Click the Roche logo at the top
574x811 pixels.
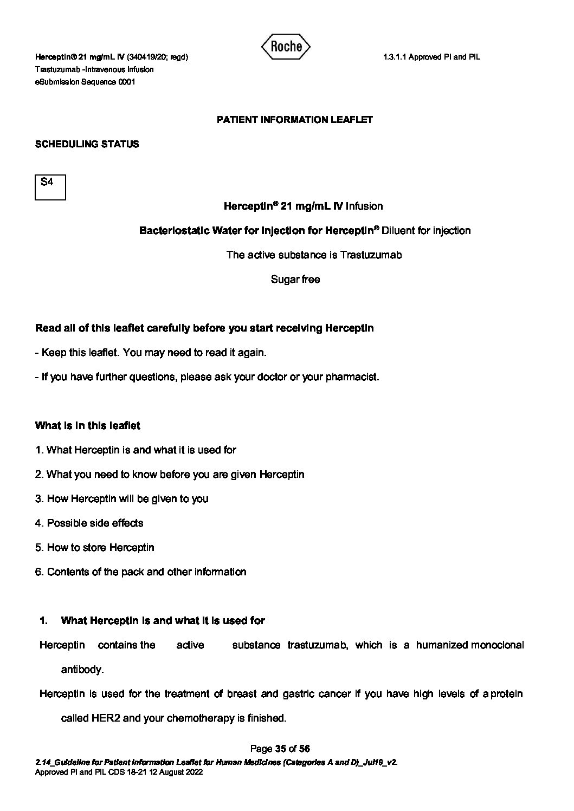click(x=286, y=47)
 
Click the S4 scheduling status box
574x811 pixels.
click(x=50, y=187)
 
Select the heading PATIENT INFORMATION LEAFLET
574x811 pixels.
click(x=294, y=120)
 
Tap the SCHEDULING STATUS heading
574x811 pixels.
click(x=87, y=144)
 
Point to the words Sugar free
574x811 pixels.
click(x=295, y=280)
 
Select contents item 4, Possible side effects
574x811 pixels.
click(x=89, y=523)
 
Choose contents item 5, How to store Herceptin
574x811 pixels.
click(x=95, y=548)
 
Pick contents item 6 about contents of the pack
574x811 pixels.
click(x=141, y=572)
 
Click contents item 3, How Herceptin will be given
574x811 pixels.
click(x=122, y=499)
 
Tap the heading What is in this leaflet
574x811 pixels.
click(x=87, y=426)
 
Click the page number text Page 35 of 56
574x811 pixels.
click(x=280, y=749)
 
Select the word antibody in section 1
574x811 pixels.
click(x=81, y=670)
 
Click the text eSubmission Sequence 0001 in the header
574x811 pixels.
click(x=85, y=82)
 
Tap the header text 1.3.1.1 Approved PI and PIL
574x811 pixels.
click(x=431, y=57)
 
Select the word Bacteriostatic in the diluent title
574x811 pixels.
click(x=175, y=231)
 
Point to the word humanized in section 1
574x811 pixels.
click(x=442, y=645)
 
